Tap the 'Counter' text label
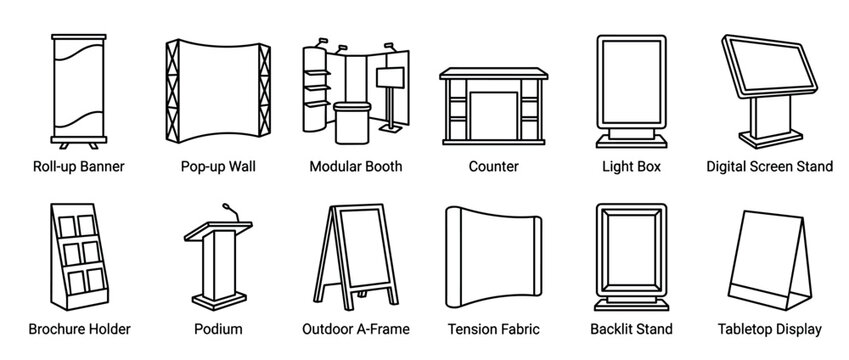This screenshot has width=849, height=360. (493, 166)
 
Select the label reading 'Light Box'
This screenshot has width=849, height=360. (632, 166)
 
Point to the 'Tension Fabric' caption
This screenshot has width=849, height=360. (493, 328)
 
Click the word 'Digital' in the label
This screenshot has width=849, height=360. (728, 166)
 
